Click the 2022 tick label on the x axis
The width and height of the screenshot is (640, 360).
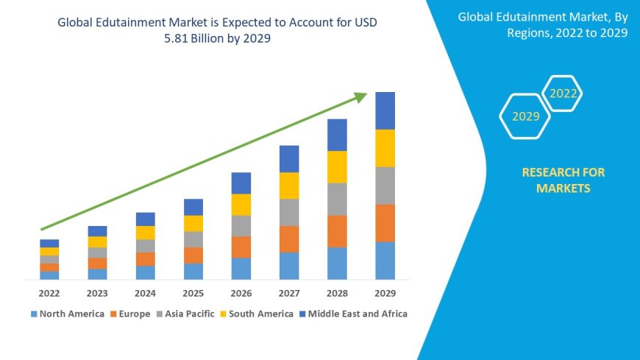pos(49,292)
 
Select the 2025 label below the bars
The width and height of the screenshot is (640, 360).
pos(193,292)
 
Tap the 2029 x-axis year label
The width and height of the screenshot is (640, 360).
pos(385,292)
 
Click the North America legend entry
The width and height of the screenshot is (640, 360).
pos(67,314)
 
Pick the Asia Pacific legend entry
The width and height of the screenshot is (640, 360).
pos(186,314)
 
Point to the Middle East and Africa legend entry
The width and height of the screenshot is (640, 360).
pos(353,314)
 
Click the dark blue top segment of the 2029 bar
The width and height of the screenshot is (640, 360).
pos(385,110)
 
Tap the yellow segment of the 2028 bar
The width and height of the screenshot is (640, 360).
pos(337,166)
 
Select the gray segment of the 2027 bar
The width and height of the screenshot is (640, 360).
pos(289,212)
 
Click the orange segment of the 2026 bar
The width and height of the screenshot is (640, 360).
pos(241,247)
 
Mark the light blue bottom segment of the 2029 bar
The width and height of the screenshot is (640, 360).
pos(385,261)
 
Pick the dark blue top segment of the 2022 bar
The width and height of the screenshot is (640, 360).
pos(49,243)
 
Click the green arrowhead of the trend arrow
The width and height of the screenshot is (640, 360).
pos(360,96)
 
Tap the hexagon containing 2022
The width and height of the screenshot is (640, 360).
pos(563,93)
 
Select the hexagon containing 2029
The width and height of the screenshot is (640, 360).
pos(525,116)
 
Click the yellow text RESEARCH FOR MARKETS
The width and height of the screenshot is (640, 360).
pos(563,180)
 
